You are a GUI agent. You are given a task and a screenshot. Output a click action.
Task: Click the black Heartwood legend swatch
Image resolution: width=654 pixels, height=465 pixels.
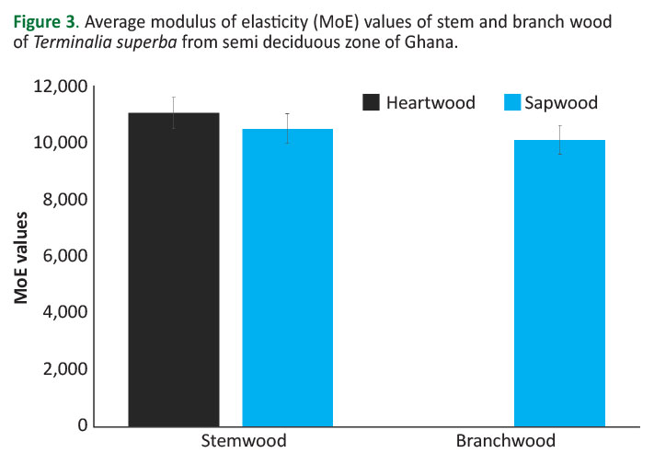tap(372, 102)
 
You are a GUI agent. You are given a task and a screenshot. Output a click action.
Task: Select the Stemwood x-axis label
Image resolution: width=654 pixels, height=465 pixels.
tap(244, 441)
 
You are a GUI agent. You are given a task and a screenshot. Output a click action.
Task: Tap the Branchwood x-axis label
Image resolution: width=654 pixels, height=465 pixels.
tap(506, 441)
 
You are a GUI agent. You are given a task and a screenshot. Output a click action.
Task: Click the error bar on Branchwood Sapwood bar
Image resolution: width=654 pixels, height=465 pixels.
tap(559, 139)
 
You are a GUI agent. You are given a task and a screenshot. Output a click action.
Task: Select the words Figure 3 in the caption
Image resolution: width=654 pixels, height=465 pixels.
tap(43, 20)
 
